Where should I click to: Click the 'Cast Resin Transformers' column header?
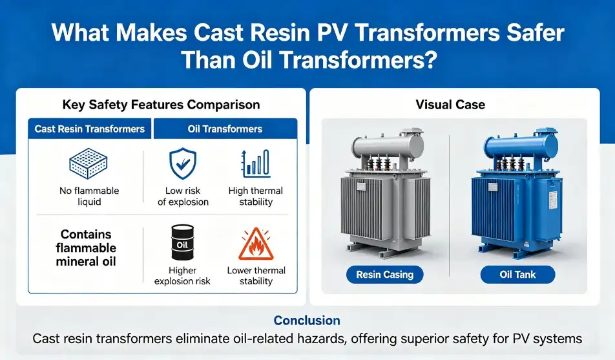click(89, 129)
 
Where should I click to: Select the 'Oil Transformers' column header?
click(225, 129)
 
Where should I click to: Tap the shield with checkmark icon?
click(183, 164)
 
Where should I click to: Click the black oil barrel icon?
click(182, 242)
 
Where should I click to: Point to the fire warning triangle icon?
click(256, 244)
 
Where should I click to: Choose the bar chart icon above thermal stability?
click(256, 164)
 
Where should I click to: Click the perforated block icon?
click(89, 164)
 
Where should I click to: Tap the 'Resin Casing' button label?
click(385, 275)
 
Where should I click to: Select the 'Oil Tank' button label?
click(517, 275)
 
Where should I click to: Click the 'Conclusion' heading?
click(307, 321)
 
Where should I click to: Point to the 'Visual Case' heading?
click(450, 105)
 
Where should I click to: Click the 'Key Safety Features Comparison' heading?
click(162, 105)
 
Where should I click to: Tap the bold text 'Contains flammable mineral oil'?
click(86, 248)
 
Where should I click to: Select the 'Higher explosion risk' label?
click(182, 275)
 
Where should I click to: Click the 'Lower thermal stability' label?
click(256, 275)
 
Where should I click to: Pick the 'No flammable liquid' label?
click(89, 196)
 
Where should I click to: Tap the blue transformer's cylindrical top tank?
click(520, 145)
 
